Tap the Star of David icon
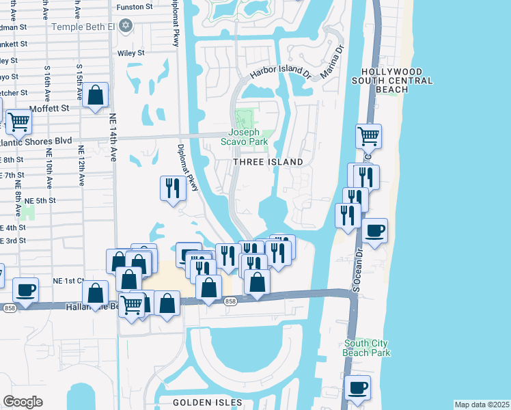125,26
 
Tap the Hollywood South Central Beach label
397,81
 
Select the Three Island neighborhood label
268,162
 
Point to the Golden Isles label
199,402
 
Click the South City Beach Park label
368,348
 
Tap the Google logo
23,402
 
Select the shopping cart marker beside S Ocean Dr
368,136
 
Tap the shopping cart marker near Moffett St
18,122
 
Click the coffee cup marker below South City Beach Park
357,388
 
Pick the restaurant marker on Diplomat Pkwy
172,188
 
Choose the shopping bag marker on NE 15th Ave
96,95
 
